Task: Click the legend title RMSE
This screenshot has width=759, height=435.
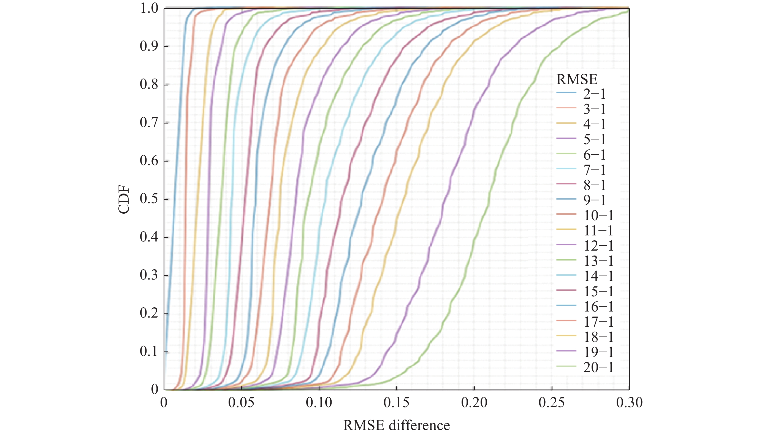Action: tap(577, 79)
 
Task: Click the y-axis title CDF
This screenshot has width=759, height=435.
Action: tap(124, 200)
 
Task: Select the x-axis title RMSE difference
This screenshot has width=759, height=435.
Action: tap(396, 425)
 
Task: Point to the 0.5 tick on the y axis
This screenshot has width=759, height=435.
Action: tap(149, 199)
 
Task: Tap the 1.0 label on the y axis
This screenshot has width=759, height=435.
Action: tap(149, 8)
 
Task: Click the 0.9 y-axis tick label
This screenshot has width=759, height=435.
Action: tap(149, 46)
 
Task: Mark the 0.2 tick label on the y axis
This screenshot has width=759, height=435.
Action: tap(149, 313)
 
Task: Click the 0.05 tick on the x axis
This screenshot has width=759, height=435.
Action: tap(241, 403)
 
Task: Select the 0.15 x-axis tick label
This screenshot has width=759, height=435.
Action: tap(396, 403)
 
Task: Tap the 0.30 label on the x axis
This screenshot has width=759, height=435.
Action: tap(629, 403)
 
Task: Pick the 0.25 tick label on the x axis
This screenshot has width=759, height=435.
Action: tap(552, 403)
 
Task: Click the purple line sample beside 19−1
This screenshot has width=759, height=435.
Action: tap(566, 351)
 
